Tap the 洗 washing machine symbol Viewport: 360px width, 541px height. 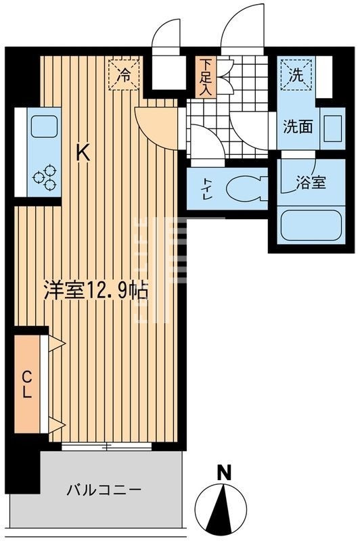coord(296,76)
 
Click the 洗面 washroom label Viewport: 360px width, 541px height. coord(297,126)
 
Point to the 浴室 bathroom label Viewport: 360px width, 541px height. coord(310,182)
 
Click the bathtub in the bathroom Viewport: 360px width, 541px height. coord(309,227)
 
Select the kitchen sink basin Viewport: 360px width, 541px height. coord(44,126)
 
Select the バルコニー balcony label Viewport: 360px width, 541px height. coord(104,489)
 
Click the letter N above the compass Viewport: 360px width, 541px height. coord(221,473)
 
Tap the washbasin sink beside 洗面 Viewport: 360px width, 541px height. coord(332,127)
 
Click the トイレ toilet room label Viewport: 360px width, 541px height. coord(204,190)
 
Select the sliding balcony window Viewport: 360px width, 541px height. coord(106,446)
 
